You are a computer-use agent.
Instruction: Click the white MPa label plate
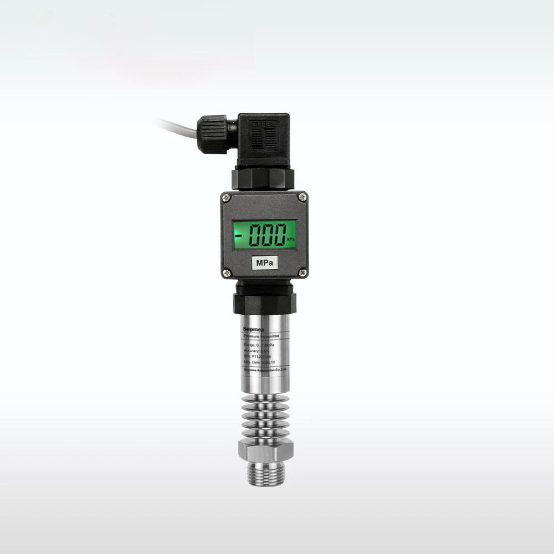pyautogui.click(x=264, y=263)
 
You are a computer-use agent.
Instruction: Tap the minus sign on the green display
pyautogui.click(x=239, y=235)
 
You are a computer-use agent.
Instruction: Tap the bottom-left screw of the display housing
pyautogui.click(x=226, y=272)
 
